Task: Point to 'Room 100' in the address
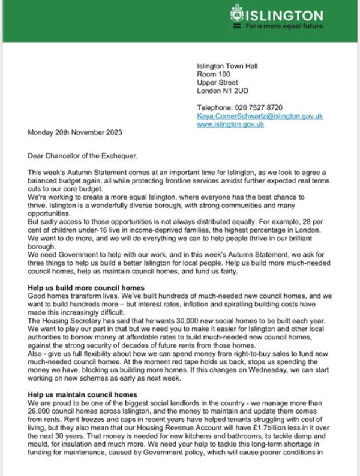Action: point(213,74)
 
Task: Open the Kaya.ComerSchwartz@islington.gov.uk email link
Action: point(260,116)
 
